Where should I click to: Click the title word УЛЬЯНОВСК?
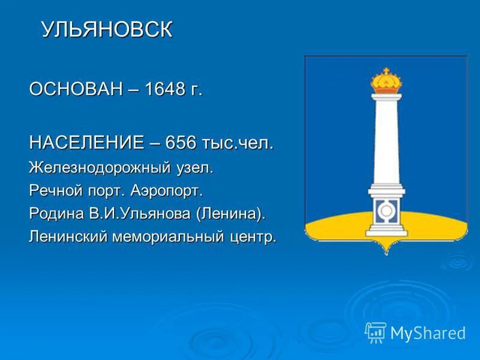(107, 31)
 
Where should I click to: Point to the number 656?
(184, 143)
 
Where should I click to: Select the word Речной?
(54, 191)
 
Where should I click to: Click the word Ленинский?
(68, 236)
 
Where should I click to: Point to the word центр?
(254, 236)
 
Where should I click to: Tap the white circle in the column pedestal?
(385, 211)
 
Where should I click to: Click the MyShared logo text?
(428, 332)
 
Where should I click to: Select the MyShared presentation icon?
(376, 332)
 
